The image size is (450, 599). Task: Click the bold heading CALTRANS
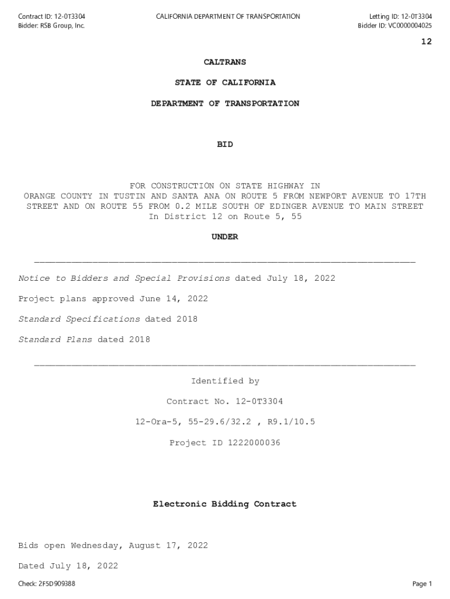tap(225, 62)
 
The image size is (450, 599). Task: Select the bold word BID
tap(225, 144)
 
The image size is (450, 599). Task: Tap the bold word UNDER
tap(225, 237)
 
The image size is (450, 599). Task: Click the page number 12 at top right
tap(426, 42)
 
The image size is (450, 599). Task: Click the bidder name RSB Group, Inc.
tap(62, 26)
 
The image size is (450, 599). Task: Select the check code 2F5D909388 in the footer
tap(57, 584)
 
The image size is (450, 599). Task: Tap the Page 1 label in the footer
tap(422, 584)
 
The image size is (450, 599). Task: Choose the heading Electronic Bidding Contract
tap(225, 504)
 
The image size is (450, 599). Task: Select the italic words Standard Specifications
tap(79, 319)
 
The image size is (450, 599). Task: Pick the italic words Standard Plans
tap(55, 340)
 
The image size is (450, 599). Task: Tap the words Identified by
tap(225, 381)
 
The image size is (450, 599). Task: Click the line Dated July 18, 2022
tap(68, 566)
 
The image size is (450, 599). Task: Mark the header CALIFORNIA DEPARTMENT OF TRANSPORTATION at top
tap(228, 16)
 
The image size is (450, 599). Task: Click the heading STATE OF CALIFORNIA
tap(225, 82)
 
